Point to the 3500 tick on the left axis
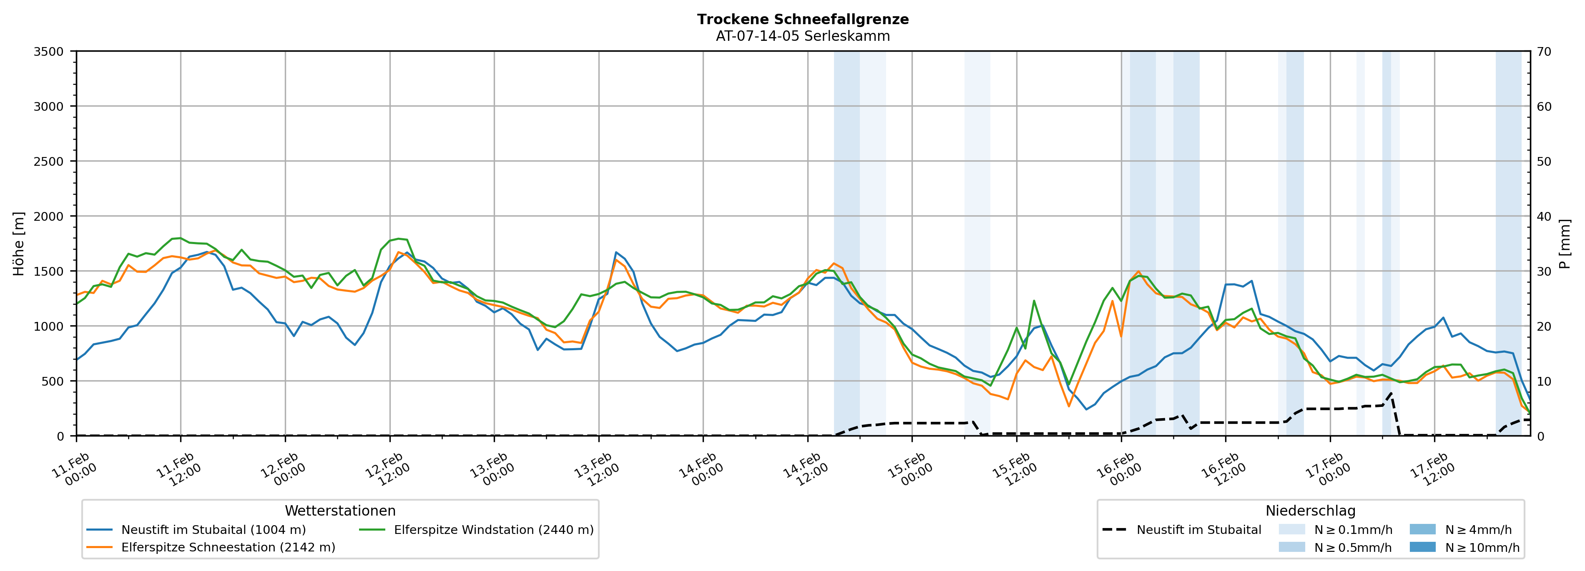(x=49, y=52)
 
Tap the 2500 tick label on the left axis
(x=49, y=162)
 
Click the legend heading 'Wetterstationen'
(x=340, y=511)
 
